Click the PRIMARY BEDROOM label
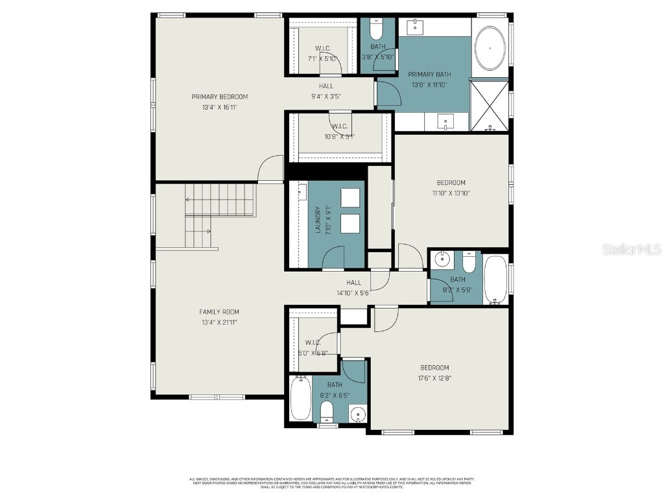[x=219, y=97]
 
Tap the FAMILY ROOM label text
[x=219, y=312]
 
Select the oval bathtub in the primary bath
[x=490, y=48]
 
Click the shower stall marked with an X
[x=489, y=104]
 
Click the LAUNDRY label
[x=318, y=220]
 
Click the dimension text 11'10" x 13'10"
[x=451, y=193]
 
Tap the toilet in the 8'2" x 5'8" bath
[x=469, y=262]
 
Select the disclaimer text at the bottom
[x=331, y=483]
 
